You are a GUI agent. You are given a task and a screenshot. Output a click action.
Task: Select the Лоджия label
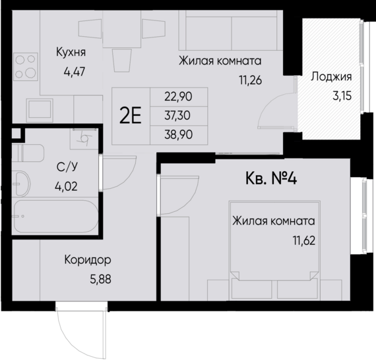[x=331, y=76]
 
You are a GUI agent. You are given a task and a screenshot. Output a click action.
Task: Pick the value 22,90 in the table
[x=179, y=96]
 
